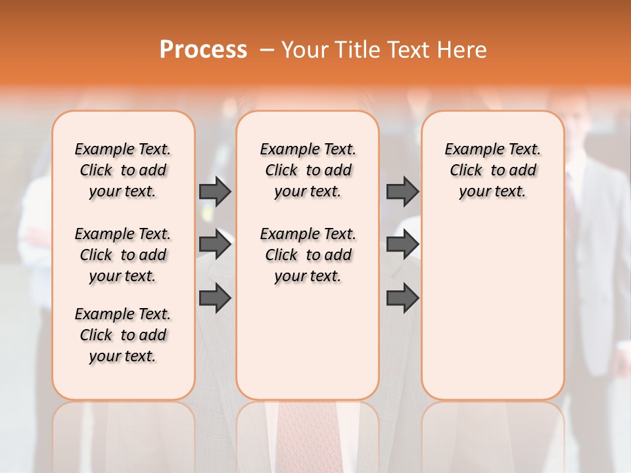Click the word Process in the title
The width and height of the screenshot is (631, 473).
203,49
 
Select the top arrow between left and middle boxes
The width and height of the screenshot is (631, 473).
215,191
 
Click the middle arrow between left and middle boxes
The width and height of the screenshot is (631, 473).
215,244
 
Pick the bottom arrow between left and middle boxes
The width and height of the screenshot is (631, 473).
215,298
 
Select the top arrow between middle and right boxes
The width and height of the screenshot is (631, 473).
402,191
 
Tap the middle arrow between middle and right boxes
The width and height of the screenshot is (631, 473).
402,244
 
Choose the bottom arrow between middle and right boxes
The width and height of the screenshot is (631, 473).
402,298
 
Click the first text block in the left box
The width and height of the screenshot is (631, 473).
123,170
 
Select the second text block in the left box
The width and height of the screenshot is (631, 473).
123,255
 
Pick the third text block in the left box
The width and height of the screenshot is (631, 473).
123,335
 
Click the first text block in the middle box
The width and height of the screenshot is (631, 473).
308,170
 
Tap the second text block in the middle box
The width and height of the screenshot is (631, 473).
308,255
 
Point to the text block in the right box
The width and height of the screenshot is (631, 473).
492,170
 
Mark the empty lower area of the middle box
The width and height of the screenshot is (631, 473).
308,342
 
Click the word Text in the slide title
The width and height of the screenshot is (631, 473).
409,50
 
